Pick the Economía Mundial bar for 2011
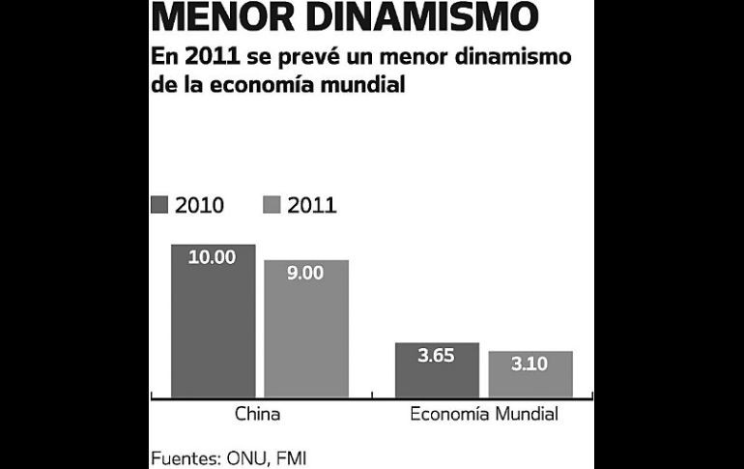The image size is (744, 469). pyautogui.click(x=530, y=374)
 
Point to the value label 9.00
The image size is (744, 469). pyautogui.click(x=306, y=273)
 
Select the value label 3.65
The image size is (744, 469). pyautogui.click(x=437, y=355)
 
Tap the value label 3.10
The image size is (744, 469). pyautogui.click(x=530, y=364)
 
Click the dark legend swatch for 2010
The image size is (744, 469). pyautogui.click(x=159, y=204)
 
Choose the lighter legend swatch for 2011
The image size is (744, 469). pyautogui.click(x=272, y=204)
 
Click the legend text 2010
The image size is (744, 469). pyautogui.click(x=199, y=205)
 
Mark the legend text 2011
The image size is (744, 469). pyautogui.click(x=311, y=205)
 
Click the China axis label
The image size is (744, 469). pyautogui.click(x=258, y=415)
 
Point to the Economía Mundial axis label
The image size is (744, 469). pyautogui.click(x=484, y=415)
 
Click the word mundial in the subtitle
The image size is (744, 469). pyautogui.click(x=354, y=85)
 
